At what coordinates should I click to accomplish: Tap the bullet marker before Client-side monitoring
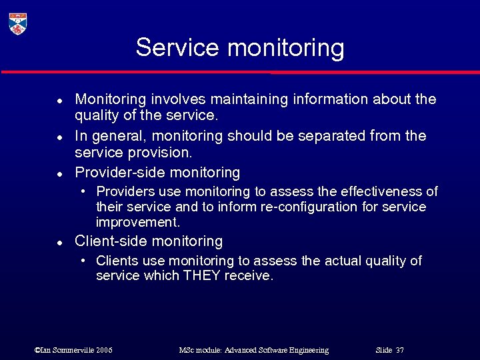(59, 242)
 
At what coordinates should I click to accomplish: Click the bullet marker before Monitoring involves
(59, 100)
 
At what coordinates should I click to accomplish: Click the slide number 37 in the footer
(399, 350)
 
